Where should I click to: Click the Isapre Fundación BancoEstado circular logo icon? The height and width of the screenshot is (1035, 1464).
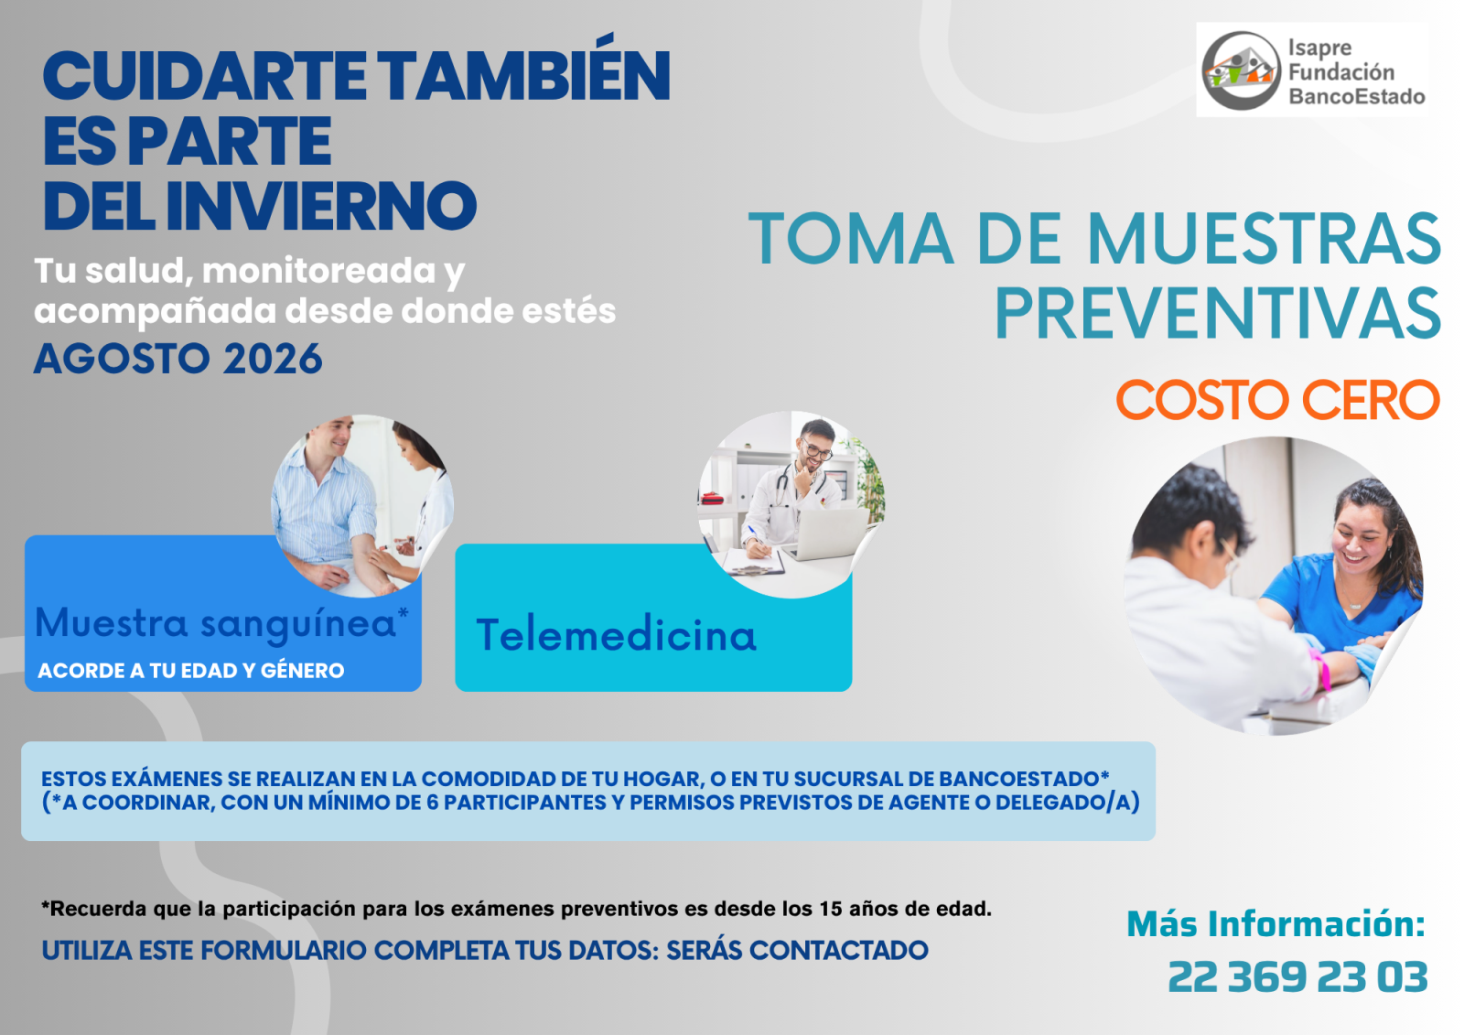coord(1241,70)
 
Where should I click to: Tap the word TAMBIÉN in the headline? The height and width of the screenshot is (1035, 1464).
coord(523,76)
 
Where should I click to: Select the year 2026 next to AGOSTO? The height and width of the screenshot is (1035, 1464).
coord(273,359)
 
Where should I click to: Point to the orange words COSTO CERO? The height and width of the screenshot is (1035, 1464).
coord(1277,400)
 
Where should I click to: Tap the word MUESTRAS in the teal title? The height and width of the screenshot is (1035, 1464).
coord(1264,238)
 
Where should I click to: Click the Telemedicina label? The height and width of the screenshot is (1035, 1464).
coord(617,634)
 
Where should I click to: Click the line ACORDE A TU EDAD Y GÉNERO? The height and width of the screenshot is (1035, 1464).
coord(191,671)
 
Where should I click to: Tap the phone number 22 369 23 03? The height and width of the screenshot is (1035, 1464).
coord(1297,976)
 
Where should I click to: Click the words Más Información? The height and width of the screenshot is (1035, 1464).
coord(1276,924)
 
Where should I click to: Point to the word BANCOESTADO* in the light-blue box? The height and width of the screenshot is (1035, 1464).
coord(1024,779)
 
